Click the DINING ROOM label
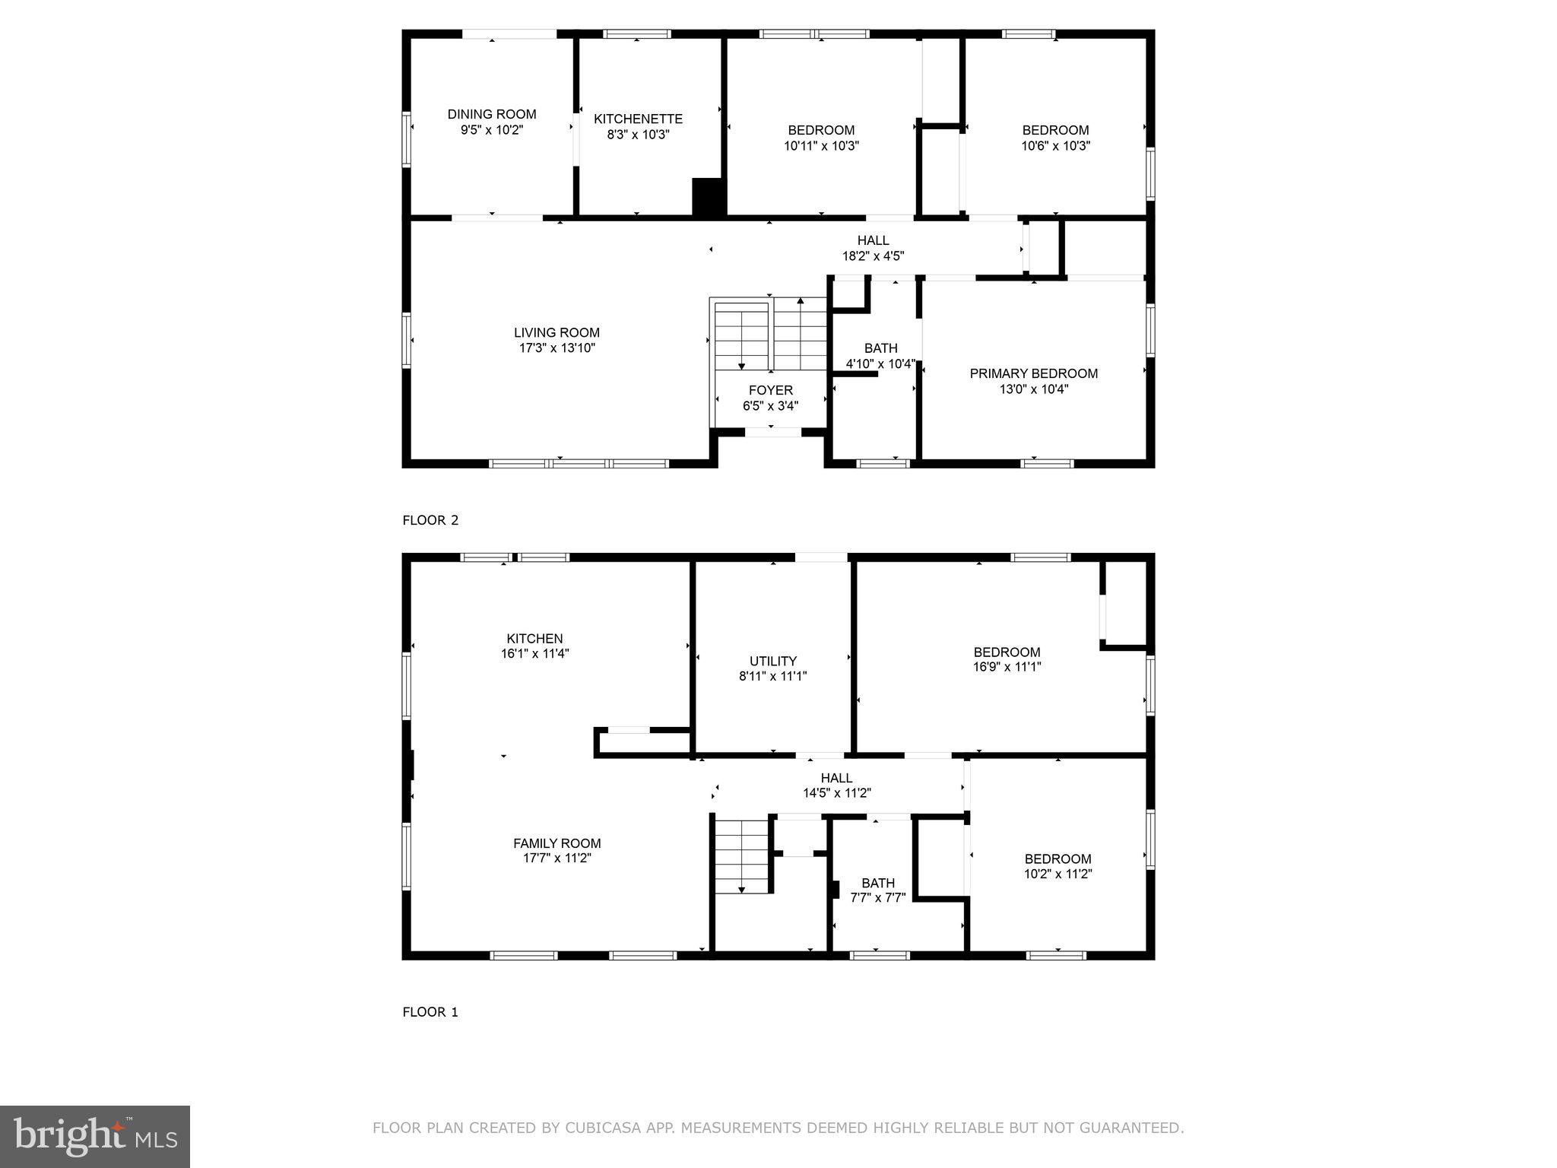[491, 114]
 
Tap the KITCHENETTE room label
[638, 119]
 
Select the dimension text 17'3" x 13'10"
[557, 348]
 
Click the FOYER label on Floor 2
[770, 390]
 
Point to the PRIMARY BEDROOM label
[1033, 373]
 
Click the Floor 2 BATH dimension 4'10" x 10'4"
[880, 364]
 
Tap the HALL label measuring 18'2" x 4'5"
[873, 240]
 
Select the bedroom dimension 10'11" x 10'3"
[821, 146]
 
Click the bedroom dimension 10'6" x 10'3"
[1055, 146]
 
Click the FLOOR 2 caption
[430, 520]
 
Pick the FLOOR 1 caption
[430, 1012]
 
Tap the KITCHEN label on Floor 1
[534, 639]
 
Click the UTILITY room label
[772, 661]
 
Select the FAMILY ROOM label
[557, 843]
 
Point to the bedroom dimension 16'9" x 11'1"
[1007, 667]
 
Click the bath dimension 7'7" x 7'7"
[877, 897]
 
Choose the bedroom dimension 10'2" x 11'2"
[1058, 874]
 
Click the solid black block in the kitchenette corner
[709, 197]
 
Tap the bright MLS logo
[95, 1136]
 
